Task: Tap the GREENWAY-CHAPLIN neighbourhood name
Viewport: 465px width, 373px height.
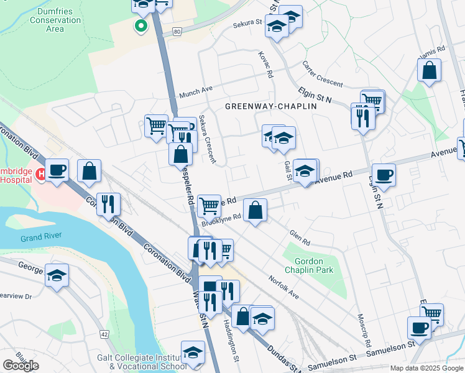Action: [271, 106]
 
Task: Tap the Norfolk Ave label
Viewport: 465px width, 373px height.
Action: [283, 287]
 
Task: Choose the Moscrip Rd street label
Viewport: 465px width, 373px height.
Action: [364, 334]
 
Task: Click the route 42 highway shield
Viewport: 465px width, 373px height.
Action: [104, 334]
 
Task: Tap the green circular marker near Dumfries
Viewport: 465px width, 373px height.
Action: [141, 26]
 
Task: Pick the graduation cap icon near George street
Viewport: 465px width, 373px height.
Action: [57, 275]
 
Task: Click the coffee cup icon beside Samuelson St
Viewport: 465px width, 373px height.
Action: [419, 327]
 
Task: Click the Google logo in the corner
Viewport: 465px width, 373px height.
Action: [21, 366]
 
